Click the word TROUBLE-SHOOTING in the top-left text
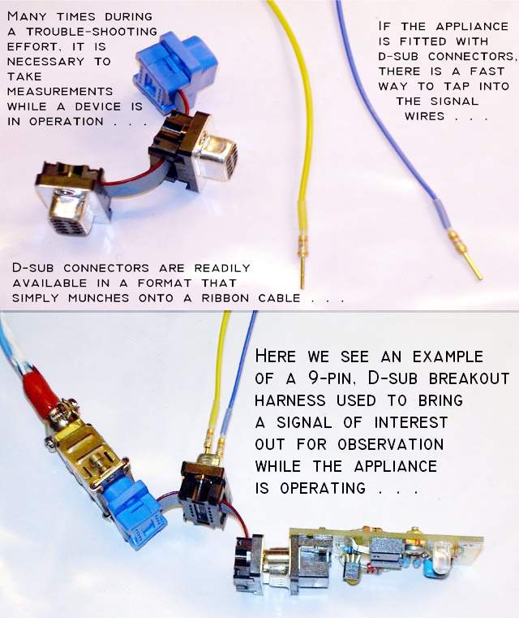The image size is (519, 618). (x=94, y=32)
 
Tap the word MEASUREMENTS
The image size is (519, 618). (x=60, y=92)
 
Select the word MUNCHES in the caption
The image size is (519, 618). (x=98, y=298)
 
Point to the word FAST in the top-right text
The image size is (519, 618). (x=487, y=71)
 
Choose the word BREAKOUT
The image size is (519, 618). (x=469, y=378)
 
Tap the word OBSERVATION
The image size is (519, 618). (x=390, y=444)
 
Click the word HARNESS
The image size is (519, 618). (x=290, y=400)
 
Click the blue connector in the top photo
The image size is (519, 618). (x=175, y=70)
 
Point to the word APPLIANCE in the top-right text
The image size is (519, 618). (x=472, y=27)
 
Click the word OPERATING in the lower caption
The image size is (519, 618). (x=323, y=489)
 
